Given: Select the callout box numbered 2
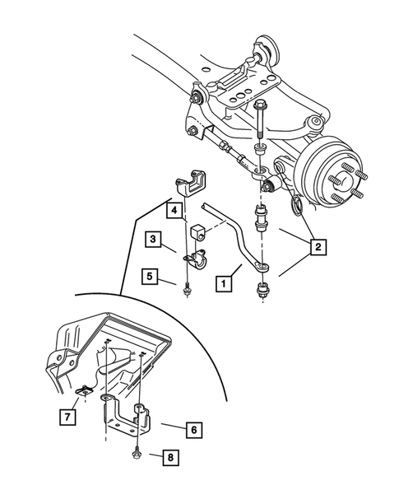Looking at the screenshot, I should [318, 245].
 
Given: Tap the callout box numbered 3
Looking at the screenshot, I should [154, 240].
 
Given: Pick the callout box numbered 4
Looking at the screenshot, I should [174, 211].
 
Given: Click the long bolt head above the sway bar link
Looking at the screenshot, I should [259, 106].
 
